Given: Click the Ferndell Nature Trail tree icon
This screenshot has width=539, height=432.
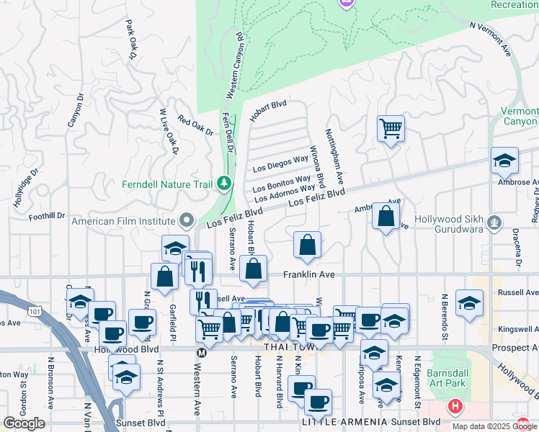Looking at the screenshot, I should pos(224,184).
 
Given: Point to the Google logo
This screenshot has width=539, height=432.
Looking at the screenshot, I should pos(24,423).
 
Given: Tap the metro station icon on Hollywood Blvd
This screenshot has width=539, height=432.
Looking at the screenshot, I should pos(202,353).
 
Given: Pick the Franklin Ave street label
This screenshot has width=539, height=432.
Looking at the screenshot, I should pos(308,275).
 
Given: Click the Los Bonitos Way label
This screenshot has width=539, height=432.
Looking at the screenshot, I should pos(282,185).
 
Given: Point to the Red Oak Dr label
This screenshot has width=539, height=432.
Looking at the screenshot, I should pos(195,127).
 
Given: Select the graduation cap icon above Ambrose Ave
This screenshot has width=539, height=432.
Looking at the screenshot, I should pos(504,161).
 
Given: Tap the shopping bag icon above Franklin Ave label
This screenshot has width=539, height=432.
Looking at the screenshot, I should pos(307,245).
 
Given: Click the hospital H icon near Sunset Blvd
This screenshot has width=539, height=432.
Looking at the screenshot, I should pos(455,407).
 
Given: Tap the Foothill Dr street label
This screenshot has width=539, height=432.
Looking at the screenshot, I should pos(47,215).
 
